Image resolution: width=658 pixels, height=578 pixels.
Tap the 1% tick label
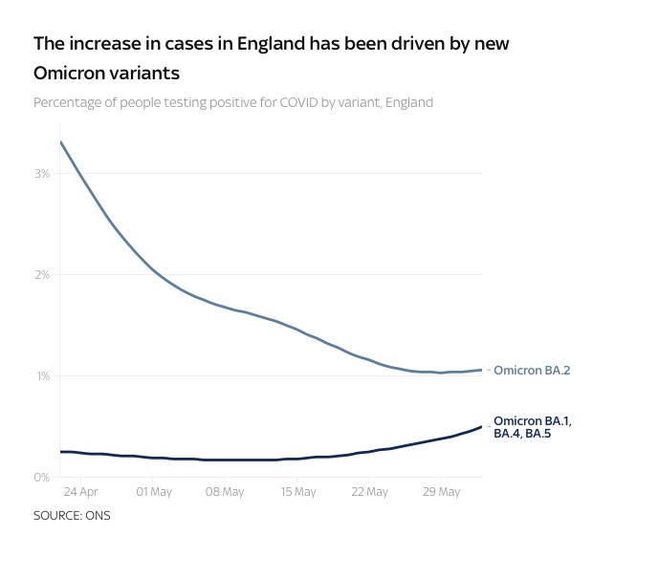click(43, 375)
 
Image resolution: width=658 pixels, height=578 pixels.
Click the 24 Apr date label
click(80, 492)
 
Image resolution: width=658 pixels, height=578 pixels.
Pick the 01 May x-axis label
click(153, 492)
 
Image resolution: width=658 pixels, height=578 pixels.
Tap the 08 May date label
click(226, 492)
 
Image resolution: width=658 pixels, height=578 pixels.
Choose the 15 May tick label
click(298, 492)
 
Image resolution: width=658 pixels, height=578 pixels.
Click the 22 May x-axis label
click(370, 492)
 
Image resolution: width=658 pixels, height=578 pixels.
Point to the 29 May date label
click(443, 492)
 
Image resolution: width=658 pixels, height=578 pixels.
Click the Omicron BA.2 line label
click(532, 370)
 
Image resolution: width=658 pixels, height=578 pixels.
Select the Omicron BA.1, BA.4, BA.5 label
click(533, 427)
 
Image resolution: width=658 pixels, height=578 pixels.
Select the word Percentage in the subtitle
click(69, 102)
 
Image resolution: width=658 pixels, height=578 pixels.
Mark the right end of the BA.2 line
click(481, 370)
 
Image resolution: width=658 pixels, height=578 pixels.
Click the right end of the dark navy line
click(481, 427)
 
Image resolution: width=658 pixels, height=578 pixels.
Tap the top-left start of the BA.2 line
click(60, 141)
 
